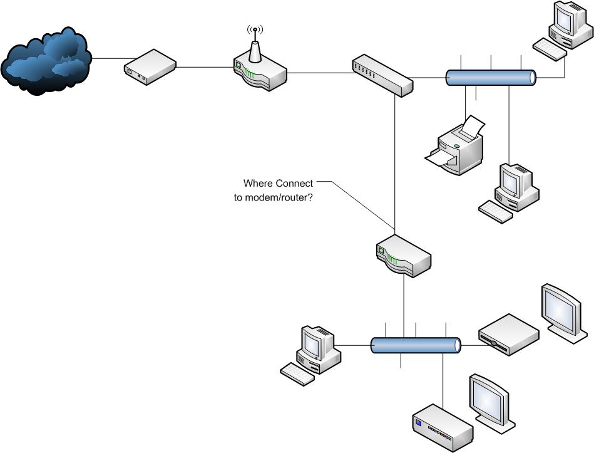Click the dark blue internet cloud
46,61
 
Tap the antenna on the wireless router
254,46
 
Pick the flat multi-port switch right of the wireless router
382,75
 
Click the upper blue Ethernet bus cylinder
491,78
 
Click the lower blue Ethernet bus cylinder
416,345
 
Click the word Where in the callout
258,184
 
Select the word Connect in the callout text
294,184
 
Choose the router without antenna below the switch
404,256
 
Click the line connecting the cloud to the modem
107,59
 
